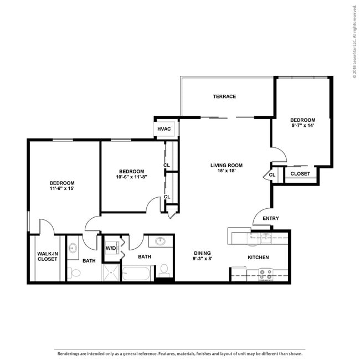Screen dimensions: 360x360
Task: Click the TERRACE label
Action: (224, 96)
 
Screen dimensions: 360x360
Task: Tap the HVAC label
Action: (164, 129)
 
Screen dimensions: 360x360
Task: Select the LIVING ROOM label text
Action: (227, 165)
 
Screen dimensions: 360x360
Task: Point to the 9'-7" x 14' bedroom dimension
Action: (302, 125)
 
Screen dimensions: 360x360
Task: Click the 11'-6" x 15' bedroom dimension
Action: (62, 188)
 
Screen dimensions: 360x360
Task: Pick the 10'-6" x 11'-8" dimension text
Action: (132, 177)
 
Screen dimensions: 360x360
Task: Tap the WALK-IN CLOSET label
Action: (48, 256)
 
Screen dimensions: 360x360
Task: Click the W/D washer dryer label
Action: (111, 248)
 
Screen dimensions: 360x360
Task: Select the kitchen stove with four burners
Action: (266, 275)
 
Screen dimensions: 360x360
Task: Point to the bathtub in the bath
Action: (136, 273)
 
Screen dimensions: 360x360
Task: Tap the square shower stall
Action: (111, 272)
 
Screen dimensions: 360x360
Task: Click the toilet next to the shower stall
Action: (74, 273)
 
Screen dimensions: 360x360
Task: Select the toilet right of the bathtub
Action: (164, 270)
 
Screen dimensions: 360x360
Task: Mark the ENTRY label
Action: (271, 218)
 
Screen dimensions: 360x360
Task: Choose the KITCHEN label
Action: (258, 258)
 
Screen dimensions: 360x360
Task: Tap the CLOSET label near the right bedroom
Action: (300, 174)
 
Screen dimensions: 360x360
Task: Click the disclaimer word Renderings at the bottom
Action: (68, 353)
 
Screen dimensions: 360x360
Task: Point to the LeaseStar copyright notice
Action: (354, 42)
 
